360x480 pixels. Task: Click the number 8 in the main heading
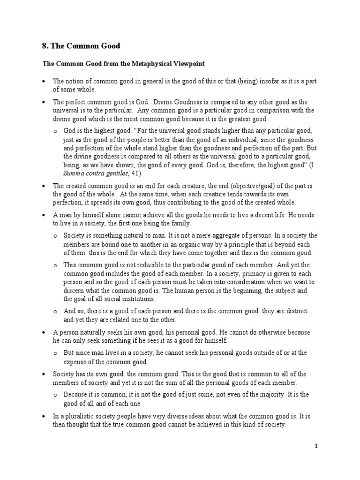(x=45, y=46)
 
